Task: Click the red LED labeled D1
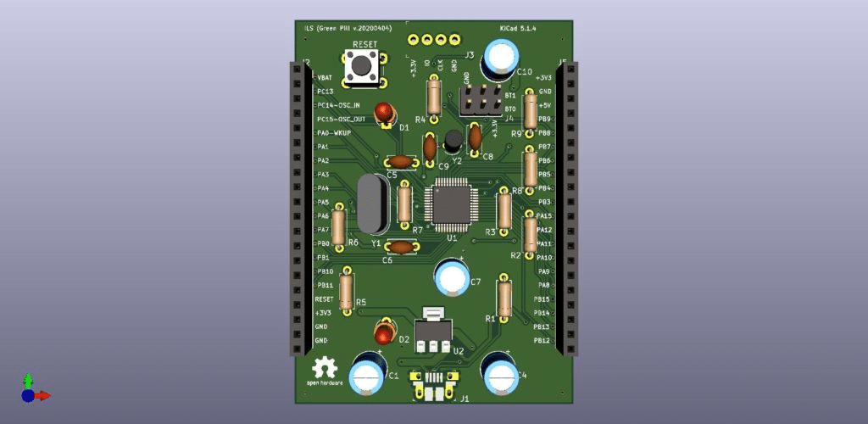[386, 111]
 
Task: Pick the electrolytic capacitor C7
[452, 277]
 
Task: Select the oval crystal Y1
[372, 204]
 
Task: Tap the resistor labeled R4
[434, 95]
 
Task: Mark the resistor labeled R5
[346, 291]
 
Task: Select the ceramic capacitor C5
[400, 161]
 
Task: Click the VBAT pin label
[325, 77]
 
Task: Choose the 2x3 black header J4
[481, 101]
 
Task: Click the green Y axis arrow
[28, 381]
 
